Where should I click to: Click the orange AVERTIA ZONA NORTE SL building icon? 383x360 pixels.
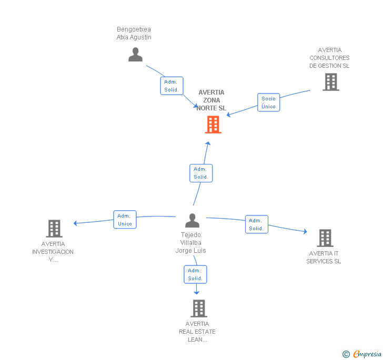[213, 125]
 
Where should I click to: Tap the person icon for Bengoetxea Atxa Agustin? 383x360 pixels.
[135, 55]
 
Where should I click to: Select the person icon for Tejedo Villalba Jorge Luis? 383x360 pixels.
[193, 221]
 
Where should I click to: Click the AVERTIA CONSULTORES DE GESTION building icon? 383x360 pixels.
[330, 82]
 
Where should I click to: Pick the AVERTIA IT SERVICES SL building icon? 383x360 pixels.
[325, 238]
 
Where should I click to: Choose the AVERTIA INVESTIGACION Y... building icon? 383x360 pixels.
[54, 229]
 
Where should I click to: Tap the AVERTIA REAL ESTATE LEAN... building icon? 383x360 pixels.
[198, 308]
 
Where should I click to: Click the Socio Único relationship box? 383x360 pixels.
[268, 102]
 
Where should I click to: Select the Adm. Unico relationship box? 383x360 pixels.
[125, 220]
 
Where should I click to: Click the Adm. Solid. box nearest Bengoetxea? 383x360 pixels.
[172, 86]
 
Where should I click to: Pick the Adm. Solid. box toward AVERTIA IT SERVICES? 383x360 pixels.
[256, 224]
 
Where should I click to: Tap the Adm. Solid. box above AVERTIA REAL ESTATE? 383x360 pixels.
[195, 274]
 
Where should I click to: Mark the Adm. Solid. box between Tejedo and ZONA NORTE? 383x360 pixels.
[201, 173]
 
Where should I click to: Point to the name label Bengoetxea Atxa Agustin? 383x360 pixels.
[134, 33]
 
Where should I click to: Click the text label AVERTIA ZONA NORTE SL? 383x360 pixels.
[211, 100]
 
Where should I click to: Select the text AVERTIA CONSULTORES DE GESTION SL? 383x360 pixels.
[330, 58]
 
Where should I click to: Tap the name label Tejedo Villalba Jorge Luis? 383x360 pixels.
[190, 243]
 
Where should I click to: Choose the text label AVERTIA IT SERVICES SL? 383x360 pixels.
[324, 258]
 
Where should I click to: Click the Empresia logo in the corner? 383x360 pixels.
[367, 354]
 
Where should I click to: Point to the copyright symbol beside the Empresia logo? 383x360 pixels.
[346, 354]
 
